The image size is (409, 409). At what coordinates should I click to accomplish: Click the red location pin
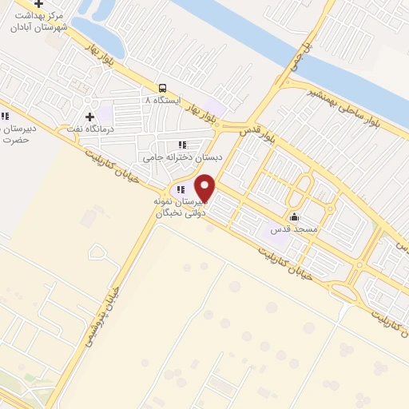pyautogui.click(x=205, y=188)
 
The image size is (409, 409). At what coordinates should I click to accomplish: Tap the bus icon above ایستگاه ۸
pyautogui.click(x=163, y=88)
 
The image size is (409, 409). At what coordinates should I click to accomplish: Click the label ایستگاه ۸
pyautogui.click(x=158, y=100)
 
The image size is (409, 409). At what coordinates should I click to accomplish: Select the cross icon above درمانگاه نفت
pyautogui.click(x=89, y=117)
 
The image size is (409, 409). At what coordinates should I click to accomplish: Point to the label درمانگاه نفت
pyautogui.click(x=89, y=128)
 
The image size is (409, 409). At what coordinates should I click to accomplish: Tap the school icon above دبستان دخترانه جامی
pyautogui.click(x=182, y=145)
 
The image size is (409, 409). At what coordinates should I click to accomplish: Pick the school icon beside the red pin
pyautogui.click(x=181, y=190)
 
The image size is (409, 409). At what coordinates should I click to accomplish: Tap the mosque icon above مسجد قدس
pyautogui.click(x=294, y=216)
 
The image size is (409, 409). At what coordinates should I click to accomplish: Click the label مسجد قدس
pyautogui.click(x=294, y=228)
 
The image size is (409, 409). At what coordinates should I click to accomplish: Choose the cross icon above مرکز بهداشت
pyautogui.click(x=38, y=4)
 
